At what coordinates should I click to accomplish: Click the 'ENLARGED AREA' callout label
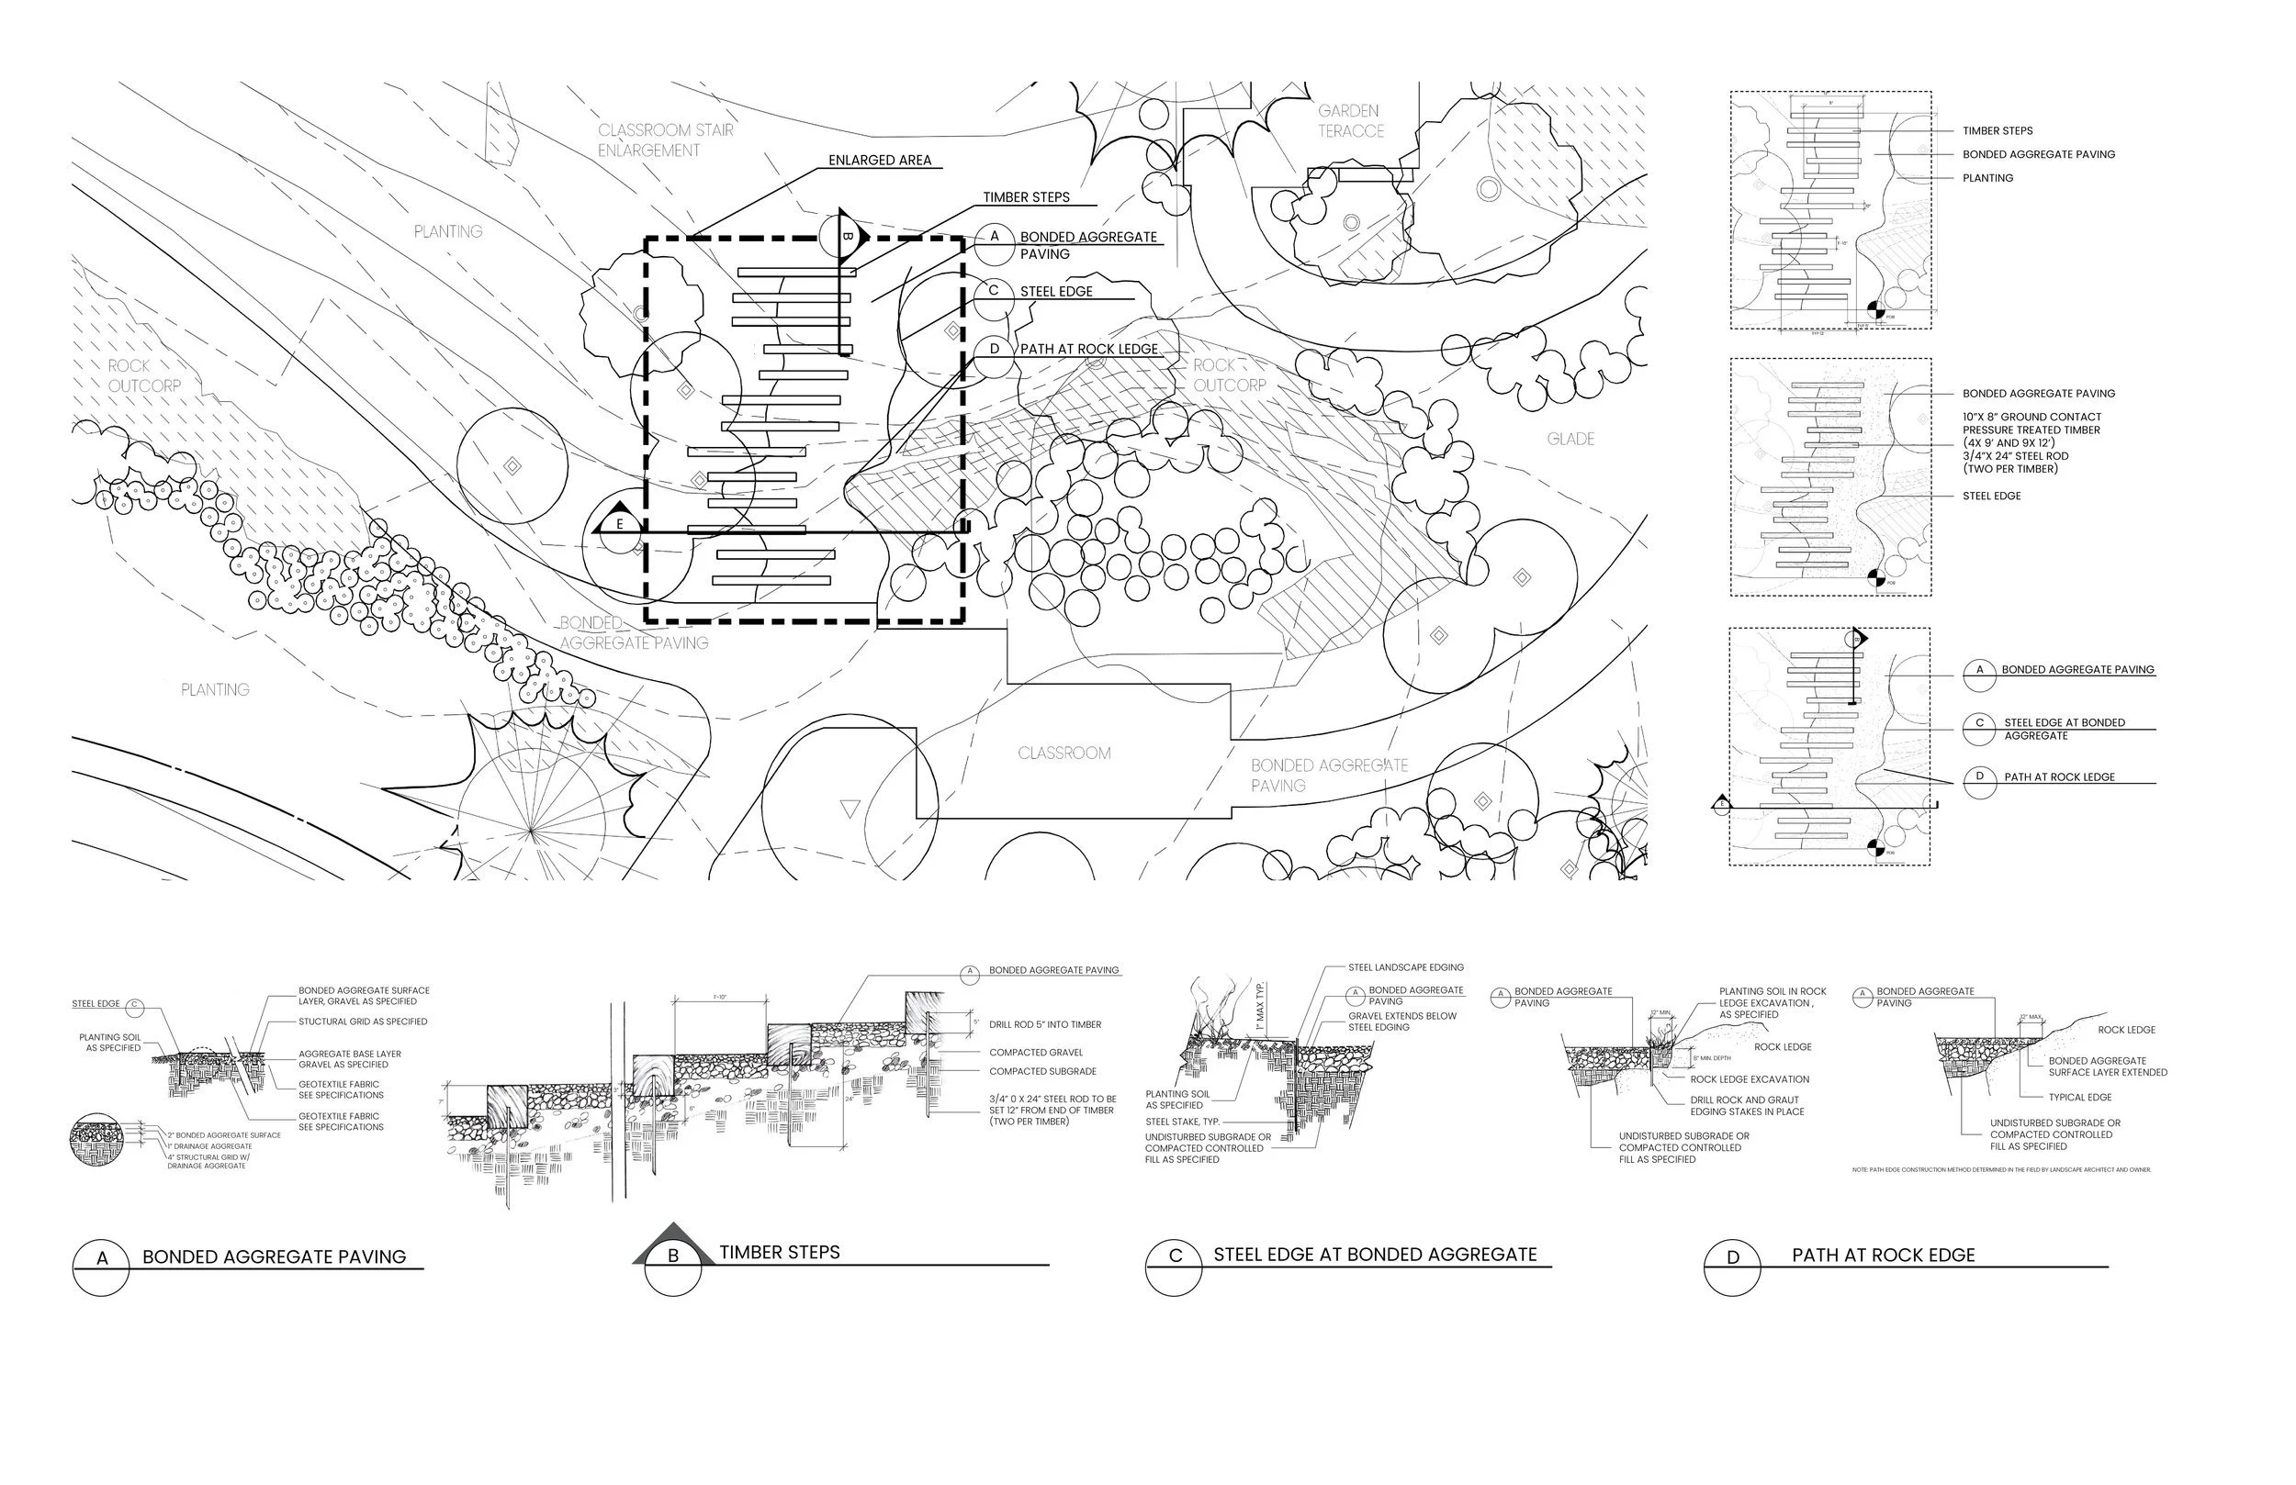[x=879, y=160]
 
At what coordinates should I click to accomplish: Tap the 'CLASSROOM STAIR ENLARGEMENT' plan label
[x=665, y=140]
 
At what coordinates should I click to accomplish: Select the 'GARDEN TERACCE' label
[x=1350, y=120]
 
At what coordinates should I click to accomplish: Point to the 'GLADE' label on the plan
[x=1570, y=439]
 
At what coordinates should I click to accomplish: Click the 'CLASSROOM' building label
[x=1064, y=754]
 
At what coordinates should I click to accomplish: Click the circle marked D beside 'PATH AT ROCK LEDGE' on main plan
[x=994, y=349]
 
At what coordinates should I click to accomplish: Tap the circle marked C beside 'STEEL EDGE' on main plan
[x=994, y=291]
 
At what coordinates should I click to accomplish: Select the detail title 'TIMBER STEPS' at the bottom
[x=780, y=1253]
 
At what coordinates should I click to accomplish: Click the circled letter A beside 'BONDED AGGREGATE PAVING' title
[x=101, y=1258]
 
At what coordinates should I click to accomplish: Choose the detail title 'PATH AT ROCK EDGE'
[x=1883, y=1256]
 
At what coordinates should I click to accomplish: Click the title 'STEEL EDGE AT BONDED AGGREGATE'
[x=1375, y=1255]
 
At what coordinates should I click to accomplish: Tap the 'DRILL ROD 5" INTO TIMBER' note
[x=1045, y=1025]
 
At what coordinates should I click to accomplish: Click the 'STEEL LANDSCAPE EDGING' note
[x=1405, y=967]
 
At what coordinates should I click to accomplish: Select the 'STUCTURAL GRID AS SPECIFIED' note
[x=363, y=1022]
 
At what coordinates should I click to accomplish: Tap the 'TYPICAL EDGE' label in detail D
[x=2080, y=1098]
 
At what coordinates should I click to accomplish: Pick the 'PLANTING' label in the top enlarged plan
[x=1987, y=178]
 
